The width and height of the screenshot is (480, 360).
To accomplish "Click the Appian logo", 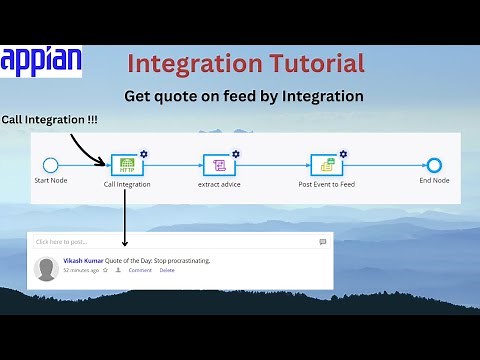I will pyautogui.click(x=42, y=62).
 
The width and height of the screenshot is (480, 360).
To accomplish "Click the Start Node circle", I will pyautogui.click(x=51, y=165).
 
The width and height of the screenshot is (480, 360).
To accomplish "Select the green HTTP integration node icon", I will pyautogui.click(x=127, y=165).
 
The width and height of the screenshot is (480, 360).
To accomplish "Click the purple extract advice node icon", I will pyautogui.click(x=218, y=165).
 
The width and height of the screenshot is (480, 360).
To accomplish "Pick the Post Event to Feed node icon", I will pyautogui.click(x=324, y=165).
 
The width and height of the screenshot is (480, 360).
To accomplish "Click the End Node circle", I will pyautogui.click(x=433, y=165).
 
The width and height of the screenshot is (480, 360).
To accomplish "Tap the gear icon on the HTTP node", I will pyautogui.click(x=144, y=153).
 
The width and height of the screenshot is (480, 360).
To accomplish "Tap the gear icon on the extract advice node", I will pyautogui.click(x=236, y=153).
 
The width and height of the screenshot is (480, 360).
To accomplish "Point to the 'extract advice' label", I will pyautogui.click(x=218, y=185).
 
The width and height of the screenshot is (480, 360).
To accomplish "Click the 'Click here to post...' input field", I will pyautogui.click(x=170, y=241).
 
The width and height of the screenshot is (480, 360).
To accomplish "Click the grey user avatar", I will pyautogui.click(x=46, y=267).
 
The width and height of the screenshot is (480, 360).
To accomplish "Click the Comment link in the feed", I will pyautogui.click(x=140, y=270).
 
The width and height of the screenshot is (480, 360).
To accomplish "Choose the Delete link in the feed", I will pyautogui.click(x=167, y=270).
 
